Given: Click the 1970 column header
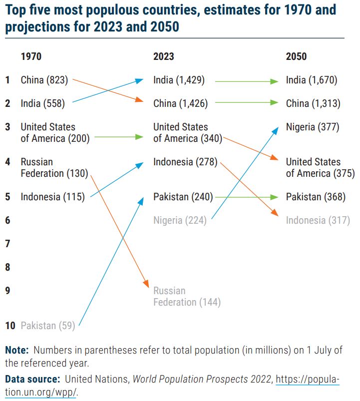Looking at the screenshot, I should click(31, 56).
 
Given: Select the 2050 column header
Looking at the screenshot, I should click(296, 56).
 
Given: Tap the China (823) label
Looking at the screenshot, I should click(44, 79).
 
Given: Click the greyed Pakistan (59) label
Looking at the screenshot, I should click(47, 326).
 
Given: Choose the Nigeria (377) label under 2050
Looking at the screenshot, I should click(313, 127).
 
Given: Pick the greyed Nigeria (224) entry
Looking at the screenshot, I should click(180, 220).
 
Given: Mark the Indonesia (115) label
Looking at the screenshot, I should click(52, 197).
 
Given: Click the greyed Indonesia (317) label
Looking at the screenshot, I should click(318, 220).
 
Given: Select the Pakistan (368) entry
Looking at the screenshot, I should click(316, 197).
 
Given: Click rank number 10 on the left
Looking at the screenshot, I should click(10, 326).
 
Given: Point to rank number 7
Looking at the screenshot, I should click(7, 244).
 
